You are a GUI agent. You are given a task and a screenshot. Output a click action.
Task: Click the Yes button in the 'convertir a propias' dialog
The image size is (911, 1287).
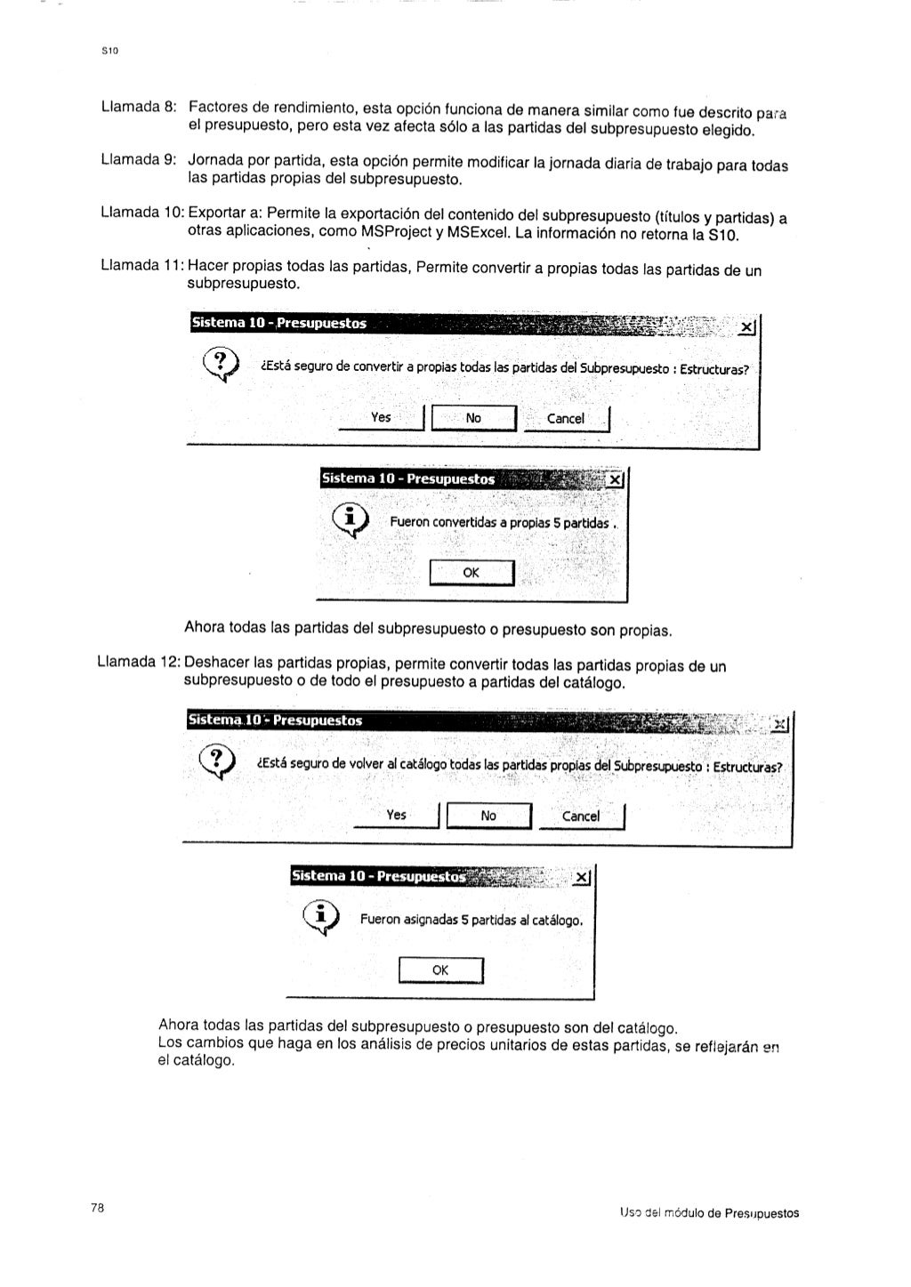pos(381,417)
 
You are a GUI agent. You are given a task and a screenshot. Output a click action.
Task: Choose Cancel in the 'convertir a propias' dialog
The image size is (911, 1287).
pos(566,418)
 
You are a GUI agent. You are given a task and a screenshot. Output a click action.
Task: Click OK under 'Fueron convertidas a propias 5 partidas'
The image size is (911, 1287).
pos(472,573)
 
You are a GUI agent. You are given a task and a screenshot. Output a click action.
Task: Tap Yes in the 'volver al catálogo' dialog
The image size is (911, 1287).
pos(397,815)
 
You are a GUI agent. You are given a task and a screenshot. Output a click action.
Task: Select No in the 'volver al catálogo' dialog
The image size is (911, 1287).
pos(488,815)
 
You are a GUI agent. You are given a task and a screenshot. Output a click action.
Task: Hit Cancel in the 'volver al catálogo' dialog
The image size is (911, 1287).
pos(581,816)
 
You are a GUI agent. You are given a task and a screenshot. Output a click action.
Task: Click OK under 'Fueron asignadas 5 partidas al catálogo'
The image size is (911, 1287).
pos(440,970)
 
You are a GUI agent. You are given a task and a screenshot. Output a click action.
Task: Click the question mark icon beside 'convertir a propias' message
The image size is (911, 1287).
pos(222,365)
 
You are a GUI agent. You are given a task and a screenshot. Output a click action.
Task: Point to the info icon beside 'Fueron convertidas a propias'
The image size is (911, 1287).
pos(351,520)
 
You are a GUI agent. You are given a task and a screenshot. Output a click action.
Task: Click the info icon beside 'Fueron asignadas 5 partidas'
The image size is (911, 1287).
pos(322,918)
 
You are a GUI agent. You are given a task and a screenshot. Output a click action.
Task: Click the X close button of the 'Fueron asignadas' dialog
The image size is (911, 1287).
pos(582,878)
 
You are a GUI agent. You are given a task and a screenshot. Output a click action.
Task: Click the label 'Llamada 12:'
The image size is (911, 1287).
pos(136,664)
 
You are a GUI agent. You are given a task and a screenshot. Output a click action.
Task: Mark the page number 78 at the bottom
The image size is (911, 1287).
pos(98,1207)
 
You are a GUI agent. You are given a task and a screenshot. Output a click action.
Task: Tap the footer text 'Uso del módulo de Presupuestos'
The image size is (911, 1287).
pos(709,1213)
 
